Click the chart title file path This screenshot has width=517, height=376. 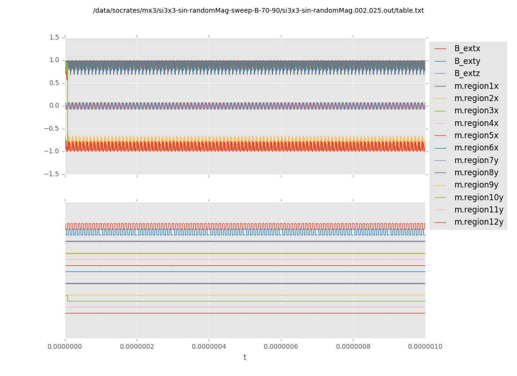pyautogui.click(x=258, y=10)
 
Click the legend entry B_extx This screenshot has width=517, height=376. pyautogui.click(x=467, y=48)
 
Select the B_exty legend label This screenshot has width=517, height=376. pyautogui.click(x=467, y=61)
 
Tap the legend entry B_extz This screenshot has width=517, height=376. pyautogui.click(x=467, y=73)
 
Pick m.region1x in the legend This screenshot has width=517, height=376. pyautogui.click(x=476, y=86)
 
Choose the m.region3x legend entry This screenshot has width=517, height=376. pyautogui.click(x=476, y=110)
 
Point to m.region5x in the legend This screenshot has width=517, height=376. pyautogui.click(x=476, y=135)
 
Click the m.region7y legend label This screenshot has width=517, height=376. pyautogui.click(x=476, y=160)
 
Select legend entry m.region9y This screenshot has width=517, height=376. pyautogui.click(x=476, y=185)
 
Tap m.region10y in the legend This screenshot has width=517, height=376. pyautogui.click(x=478, y=197)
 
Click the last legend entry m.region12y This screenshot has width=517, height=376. pyautogui.click(x=478, y=222)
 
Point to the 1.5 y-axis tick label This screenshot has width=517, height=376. pyautogui.click(x=54, y=37)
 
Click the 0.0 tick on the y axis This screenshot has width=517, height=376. pyautogui.click(x=54, y=106)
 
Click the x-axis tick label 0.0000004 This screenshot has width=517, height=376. pyautogui.click(x=209, y=347)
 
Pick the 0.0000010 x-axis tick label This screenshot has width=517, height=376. pyautogui.click(x=425, y=347)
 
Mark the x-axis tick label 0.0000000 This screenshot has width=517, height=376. pyautogui.click(x=65, y=347)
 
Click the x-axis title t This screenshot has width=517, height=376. pyautogui.click(x=245, y=358)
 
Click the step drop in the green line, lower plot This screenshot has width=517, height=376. pyautogui.click(x=68, y=298)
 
